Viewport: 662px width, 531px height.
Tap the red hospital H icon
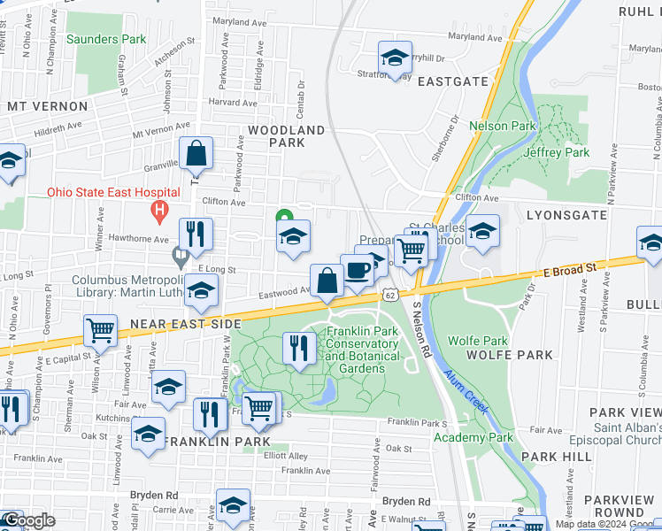(x=159, y=212)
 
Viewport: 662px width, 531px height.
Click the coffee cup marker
(x=357, y=270)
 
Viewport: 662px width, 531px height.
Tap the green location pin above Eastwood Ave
(x=284, y=217)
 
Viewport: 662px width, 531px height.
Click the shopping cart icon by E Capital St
(x=101, y=330)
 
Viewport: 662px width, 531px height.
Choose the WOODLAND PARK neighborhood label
(x=286, y=136)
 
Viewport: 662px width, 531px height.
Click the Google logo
(x=28, y=520)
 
